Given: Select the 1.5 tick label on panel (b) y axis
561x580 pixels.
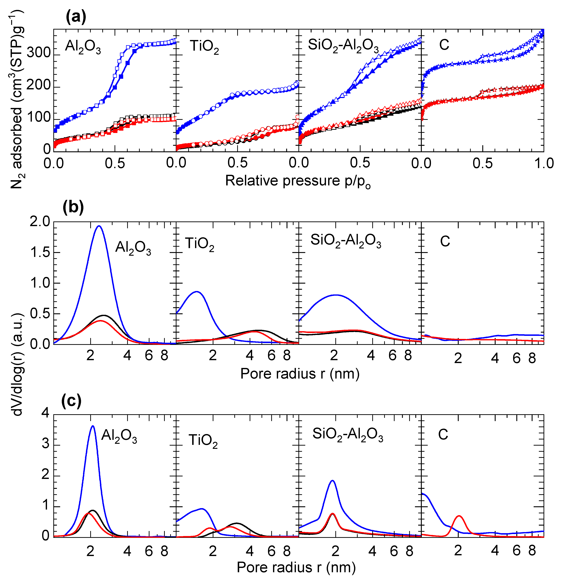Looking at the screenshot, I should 40,252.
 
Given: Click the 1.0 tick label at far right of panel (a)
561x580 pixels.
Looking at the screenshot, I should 544,163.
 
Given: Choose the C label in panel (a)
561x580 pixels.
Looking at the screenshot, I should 444,45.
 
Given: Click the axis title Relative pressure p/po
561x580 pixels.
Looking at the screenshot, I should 298,181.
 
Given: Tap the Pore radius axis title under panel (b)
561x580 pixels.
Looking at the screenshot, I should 300,374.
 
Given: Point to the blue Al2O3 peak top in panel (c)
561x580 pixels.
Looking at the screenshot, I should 93,426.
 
